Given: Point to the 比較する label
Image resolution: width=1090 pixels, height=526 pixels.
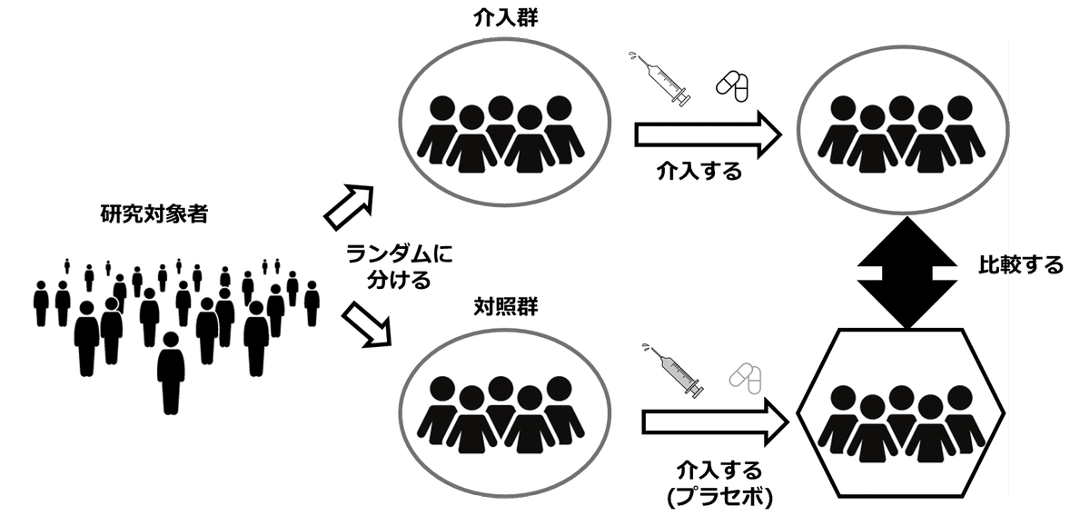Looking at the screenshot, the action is click(1020, 266).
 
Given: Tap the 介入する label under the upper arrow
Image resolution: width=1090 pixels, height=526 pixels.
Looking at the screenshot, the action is click(699, 170).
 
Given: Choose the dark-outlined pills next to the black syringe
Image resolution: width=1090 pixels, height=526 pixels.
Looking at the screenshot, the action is click(732, 85).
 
